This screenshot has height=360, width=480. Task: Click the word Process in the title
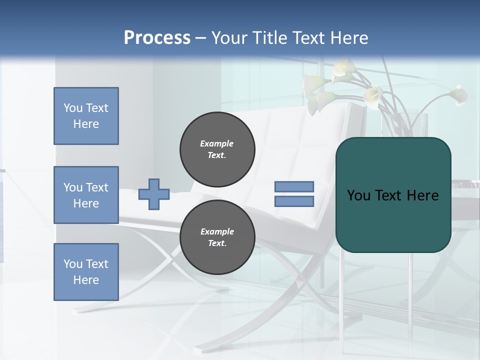[157, 38]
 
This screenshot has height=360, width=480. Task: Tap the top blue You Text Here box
[86, 116]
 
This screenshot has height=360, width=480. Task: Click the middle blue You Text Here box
[86, 195]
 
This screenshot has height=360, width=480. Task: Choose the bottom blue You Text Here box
[86, 272]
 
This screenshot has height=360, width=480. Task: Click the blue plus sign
[154, 194]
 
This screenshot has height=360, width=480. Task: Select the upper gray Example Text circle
[217, 149]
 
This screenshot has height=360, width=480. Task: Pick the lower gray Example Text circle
[217, 237]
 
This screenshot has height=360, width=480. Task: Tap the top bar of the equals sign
[294, 186]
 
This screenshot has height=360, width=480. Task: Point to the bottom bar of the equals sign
[294, 201]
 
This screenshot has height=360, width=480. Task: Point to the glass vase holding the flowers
[417, 125]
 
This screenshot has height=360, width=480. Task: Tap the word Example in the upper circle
[217, 143]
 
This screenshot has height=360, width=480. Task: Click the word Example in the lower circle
[217, 231]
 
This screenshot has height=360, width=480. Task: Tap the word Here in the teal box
[423, 195]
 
